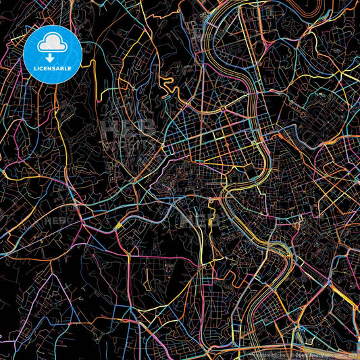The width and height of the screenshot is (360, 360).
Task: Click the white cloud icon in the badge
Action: (52, 44)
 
